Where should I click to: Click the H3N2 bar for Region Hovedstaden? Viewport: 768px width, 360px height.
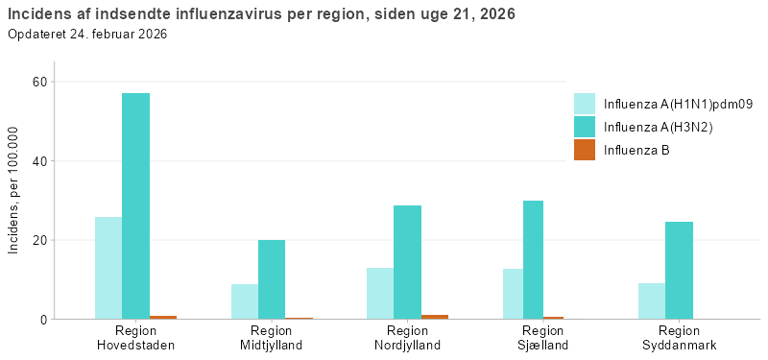click(135, 205)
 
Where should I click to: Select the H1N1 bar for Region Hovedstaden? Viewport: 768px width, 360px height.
click(108, 268)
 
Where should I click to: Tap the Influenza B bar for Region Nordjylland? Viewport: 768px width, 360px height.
click(434, 316)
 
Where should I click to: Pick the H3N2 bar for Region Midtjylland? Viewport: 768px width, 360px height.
click(272, 279)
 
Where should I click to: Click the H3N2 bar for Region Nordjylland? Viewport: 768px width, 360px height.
click(407, 262)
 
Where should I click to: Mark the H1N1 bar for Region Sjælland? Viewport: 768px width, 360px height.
click(513, 294)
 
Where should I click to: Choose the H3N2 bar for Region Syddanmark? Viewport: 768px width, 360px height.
click(679, 270)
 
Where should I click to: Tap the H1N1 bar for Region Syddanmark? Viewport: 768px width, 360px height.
click(652, 300)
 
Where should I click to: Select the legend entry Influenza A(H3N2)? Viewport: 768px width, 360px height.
click(658, 128)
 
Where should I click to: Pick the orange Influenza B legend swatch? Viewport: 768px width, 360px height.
click(585, 150)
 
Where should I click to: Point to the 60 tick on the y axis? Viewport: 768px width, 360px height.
click(40, 82)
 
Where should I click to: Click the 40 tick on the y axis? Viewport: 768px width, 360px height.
click(40, 161)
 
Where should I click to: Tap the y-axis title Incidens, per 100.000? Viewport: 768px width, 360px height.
click(13, 190)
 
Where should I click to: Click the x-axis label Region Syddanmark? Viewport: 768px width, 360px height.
click(679, 337)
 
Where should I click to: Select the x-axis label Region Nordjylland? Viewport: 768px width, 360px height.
click(407, 337)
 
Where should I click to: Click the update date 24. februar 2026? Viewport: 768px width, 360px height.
click(119, 35)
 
